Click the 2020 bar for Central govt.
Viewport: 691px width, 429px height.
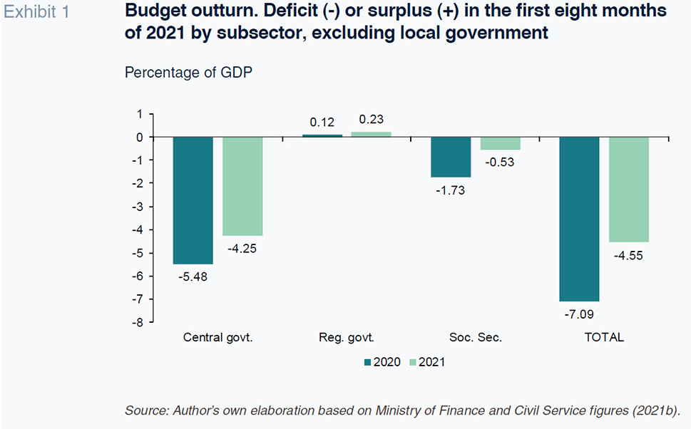pyautogui.click(x=193, y=200)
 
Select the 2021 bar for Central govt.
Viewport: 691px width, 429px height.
pyautogui.click(x=242, y=186)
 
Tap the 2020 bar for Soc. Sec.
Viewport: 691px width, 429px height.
pyautogui.click(x=451, y=157)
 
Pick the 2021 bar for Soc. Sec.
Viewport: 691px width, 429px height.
pyautogui.click(x=500, y=143)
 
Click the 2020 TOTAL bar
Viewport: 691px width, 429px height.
pyautogui.click(x=580, y=219)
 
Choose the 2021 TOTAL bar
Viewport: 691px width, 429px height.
pyautogui.click(x=629, y=190)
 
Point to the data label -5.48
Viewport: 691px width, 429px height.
pyautogui.click(x=193, y=276)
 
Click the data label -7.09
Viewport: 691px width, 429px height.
pyautogui.click(x=579, y=314)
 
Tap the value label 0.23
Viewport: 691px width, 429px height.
pyautogui.click(x=371, y=119)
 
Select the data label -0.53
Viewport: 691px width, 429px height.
pyautogui.click(x=500, y=162)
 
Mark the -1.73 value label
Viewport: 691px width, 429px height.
pyautogui.click(x=451, y=190)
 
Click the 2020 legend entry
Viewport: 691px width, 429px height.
pyautogui.click(x=382, y=362)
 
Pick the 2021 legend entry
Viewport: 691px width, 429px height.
pyautogui.click(x=427, y=362)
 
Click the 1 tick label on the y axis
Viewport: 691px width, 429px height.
pyautogui.click(x=140, y=115)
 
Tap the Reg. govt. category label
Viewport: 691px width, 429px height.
pyautogui.click(x=347, y=337)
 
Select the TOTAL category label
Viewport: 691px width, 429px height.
pyautogui.click(x=604, y=337)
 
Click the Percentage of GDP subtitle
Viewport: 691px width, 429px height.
pyautogui.click(x=188, y=72)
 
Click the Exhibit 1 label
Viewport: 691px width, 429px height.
pyautogui.click(x=36, y=12)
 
